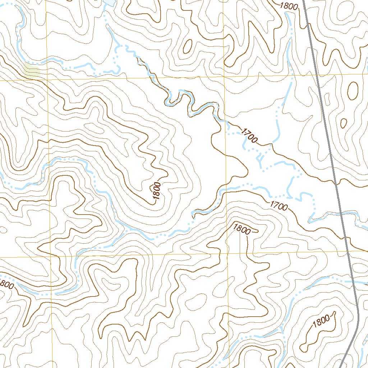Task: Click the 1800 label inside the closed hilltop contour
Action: click(x=321, y=321)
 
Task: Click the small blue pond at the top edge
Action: click(x=110, y=3)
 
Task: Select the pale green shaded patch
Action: click(x=32, y=70)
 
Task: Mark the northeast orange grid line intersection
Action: click(x=224, y=76)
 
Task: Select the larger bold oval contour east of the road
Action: click(x=353, y=90)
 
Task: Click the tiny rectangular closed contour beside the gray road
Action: click(x=327, y=98)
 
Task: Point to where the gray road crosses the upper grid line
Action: click(x=318, y=74)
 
